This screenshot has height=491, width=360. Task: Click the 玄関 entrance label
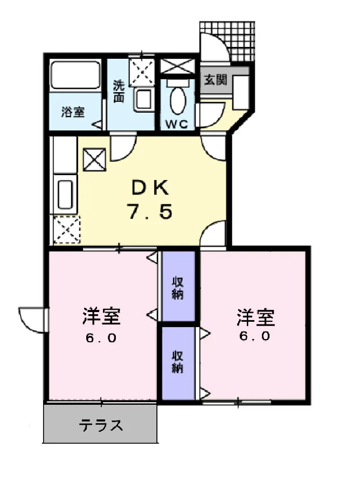point(216,80)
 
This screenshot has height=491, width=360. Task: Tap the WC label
point(177,125)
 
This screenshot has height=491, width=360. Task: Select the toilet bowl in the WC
point(178,100)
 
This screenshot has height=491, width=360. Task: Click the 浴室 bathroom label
point(73,112)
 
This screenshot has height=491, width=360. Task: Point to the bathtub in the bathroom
point(76,75)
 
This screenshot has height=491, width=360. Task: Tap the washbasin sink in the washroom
point(144,99)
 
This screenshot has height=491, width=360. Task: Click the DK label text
point(150,188)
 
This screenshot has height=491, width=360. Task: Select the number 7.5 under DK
point(150,211)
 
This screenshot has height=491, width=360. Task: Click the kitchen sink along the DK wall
point(65,194)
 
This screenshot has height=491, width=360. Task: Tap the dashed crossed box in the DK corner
point(67,230)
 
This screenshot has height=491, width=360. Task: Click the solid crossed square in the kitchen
point(94,160)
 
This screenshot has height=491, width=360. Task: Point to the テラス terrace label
point(101,425)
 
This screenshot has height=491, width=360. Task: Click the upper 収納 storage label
point(177,288)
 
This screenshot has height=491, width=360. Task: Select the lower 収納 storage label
point(177,362)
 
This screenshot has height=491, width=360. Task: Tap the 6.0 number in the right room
point(254,336)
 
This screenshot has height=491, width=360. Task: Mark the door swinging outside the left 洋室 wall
point(33,320)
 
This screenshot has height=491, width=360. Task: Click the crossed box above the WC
point(177,66)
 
